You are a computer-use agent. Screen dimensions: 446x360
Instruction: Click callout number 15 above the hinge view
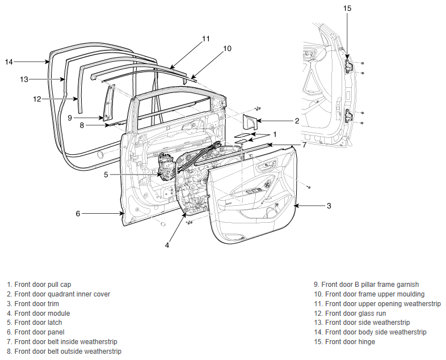[x=347, y=9]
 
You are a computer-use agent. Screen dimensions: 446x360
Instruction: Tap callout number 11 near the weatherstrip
[x=206, y=39]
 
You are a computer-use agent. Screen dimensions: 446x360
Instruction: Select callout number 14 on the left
[x=9, y=62]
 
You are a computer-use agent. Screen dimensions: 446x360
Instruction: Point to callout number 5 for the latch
[x=106, y=175]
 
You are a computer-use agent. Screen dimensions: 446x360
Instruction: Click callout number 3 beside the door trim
[x=329, y=206]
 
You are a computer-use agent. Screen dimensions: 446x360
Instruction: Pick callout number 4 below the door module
[x=167, y=245]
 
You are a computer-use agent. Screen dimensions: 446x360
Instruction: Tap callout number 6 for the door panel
[x=78, y=213]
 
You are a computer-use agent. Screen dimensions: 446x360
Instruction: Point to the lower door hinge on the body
[x=349, y=115]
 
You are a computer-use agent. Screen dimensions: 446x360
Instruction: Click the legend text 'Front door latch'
[x=38, y=323]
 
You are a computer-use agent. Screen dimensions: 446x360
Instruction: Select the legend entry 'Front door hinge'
[x=350, y=342]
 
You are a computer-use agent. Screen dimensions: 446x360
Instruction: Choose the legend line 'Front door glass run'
[x=355, y=314]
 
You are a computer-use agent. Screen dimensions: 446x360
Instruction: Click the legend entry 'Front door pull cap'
[x=43, y=285]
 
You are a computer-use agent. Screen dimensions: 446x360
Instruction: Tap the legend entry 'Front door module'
[x=42, y=314]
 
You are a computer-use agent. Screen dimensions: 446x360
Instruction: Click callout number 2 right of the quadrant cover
[x=297, y=121]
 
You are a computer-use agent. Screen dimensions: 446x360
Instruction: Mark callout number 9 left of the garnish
[x=70, y=117]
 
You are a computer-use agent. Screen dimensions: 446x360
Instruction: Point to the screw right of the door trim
[x=309, y=187]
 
